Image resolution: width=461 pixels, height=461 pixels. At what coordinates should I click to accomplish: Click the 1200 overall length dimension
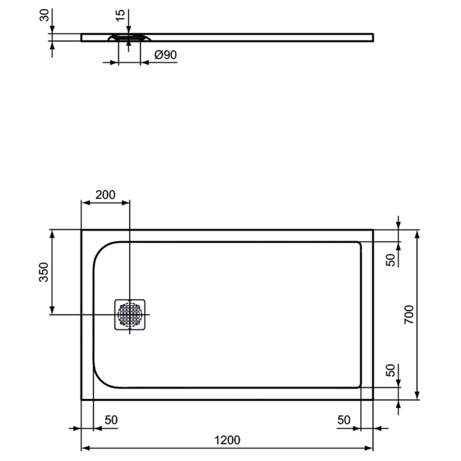click(227, 439)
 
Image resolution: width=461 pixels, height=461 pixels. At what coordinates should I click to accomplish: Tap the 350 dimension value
click(44, 272)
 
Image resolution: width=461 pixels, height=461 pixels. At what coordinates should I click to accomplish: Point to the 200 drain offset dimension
click(105, 195)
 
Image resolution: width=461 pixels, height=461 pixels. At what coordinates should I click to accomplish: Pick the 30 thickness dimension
click(44, 15)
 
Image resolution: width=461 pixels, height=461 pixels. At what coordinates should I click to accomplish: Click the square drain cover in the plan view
click(130, 315)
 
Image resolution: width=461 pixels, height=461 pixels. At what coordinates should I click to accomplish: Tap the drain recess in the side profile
click(128, 38)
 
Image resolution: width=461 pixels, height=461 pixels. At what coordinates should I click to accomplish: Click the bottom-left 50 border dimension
click(111, 420)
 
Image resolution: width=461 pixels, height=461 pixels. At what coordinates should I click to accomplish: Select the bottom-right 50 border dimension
click(344, 420)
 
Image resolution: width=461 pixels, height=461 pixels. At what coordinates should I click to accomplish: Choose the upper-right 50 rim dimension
click(390, 259)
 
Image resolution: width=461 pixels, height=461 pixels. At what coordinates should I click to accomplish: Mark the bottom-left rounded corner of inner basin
click(101, 380)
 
